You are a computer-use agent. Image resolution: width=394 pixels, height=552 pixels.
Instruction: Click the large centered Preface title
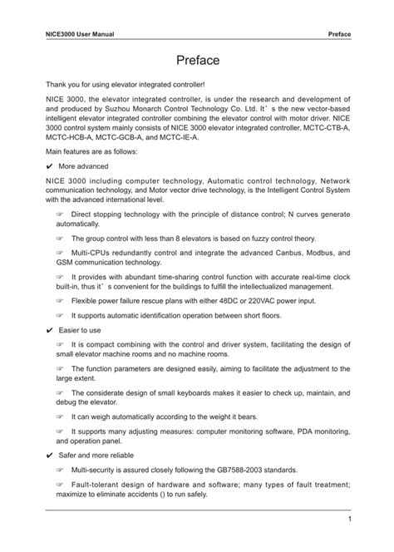197,61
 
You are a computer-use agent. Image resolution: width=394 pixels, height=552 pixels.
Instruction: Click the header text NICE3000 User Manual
79,34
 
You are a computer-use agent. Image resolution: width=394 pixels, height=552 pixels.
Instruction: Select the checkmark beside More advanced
51,165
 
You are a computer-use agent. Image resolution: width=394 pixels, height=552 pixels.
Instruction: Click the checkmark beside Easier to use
51,329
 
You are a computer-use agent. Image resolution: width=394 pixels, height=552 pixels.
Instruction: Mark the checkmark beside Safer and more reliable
51,457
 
